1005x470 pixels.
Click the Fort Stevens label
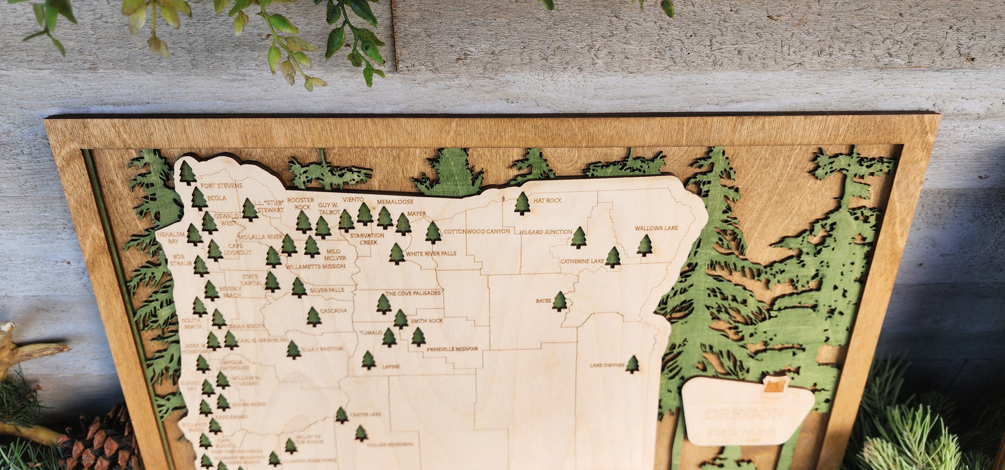pyautogui.click(x=221, y=186)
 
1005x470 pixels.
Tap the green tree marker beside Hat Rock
pyautogui.click(x=522, y=203)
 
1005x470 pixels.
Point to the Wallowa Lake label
pyautogui.click(x=656, y=228)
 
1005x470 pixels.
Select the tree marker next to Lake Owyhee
pyautogui.click(x=632, y=364)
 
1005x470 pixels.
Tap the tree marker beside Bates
pyautogui.click(x=559, y=301)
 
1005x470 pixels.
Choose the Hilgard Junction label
pyautogui.click(x=545, y=232)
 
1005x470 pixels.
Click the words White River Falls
pyautogui.click(x=431, y=253)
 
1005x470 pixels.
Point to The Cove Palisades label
pyautogui.click(x=413, y=293)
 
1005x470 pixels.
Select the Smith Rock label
pyautogui.click(x=426, y=321)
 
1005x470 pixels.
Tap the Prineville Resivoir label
pyautogui.click(x=452, y=348)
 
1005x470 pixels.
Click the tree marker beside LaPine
pyautogui.click(x=369, y=360)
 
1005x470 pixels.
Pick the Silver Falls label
pyautogui.click(x=327, y=290)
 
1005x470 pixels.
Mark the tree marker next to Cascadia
pyautogui.click(x=314, y=317)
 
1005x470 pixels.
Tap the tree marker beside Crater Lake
pyautogui.click(x=341, y=415)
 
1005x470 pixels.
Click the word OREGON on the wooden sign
pyautogui.click(x=744, y=414)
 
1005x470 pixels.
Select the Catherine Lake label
pyautogui.click(x=581, y=262)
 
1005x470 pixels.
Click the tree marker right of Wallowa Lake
pyautogui.click(x=645, y=245)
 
